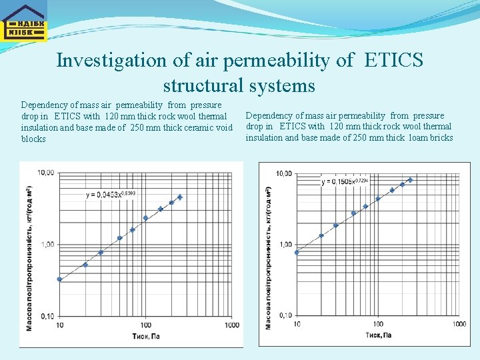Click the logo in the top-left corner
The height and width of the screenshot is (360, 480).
23,21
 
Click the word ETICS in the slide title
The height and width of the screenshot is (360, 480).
394,60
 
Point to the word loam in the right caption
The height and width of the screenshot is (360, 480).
417,138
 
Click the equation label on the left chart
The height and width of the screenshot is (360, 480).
111,194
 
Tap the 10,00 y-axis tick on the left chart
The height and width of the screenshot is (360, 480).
46,173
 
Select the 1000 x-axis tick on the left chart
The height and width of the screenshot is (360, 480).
231,325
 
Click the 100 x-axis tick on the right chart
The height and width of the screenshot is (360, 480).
377,324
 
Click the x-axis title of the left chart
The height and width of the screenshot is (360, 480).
145,336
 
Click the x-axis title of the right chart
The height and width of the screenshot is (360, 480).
378,335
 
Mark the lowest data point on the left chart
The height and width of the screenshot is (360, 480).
60,279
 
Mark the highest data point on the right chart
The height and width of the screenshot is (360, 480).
410,180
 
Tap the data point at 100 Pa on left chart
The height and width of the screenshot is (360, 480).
145,218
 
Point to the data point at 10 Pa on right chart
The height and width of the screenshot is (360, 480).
297,253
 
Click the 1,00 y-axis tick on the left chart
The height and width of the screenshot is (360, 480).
48,245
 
